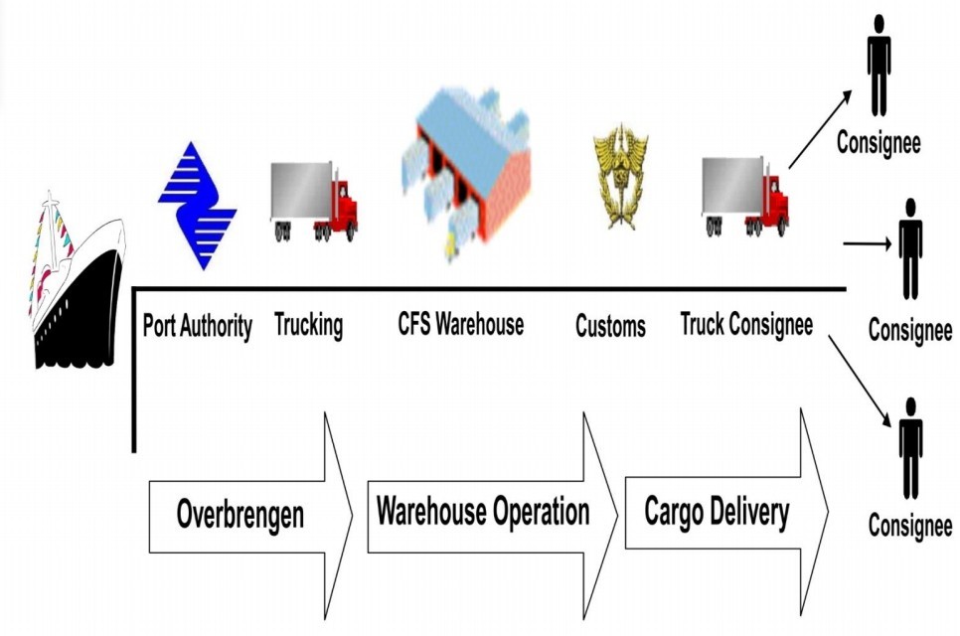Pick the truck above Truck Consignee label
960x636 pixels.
click(x=745, y=197)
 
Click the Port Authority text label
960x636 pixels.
click(x=198, y=325)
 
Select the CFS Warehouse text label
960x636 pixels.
click(x=460, y=324)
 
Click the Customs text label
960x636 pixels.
click(x=610, y=326)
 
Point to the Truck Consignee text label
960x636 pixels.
click(x=746, y=324)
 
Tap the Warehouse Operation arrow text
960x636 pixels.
click(x=483, y=512)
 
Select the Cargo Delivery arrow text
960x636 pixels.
click(x=717, y=512)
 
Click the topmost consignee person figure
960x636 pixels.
click(x=879, y=64)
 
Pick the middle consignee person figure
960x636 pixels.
click(x=909, y=247)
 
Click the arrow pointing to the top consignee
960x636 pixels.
click(x=820, y=128)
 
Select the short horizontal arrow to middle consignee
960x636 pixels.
click(x=867, y=241)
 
